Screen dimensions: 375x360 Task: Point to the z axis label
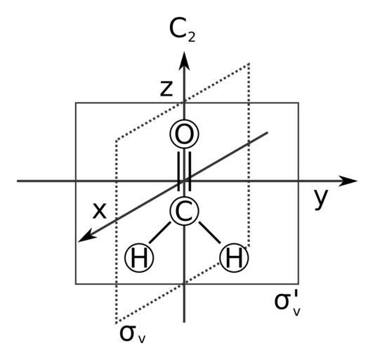point(166,89)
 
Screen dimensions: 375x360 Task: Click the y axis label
point(321,199)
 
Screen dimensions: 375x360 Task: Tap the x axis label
point(100,211)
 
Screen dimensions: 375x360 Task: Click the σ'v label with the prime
point(288,302)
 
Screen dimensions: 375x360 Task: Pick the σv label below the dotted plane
point(132,334)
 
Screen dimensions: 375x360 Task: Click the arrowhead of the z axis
point(184,60)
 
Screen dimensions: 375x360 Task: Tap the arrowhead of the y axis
point(348,181)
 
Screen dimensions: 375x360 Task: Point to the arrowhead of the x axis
point(86,236)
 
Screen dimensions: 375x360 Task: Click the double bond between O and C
point(184,172)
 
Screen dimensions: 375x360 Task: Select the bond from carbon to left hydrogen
point(160,233)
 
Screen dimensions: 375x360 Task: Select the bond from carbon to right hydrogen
point(209,233)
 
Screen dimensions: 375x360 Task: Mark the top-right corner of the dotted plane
point(249,63)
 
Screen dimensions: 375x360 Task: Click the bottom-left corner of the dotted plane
point(116,323)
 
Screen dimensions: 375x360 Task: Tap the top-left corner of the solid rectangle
point(76,103)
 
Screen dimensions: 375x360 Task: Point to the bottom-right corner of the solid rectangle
point(298,284)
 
